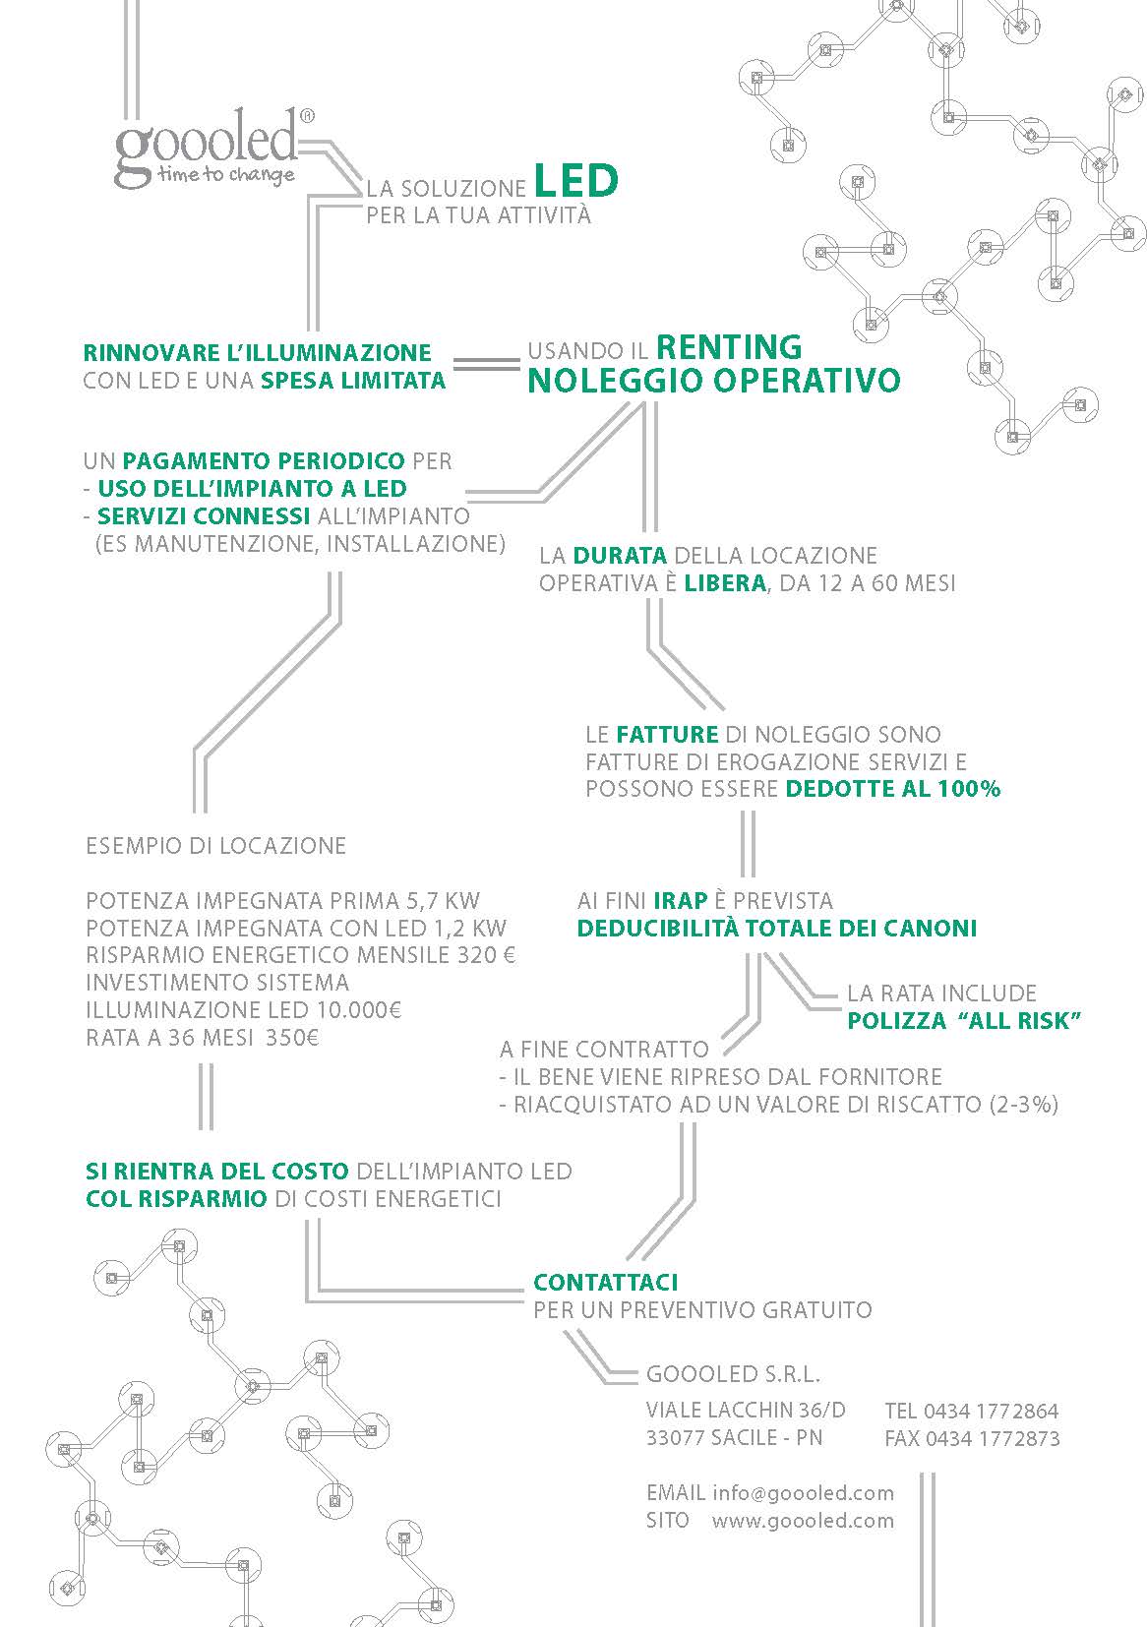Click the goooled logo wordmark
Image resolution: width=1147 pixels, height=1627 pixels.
pos(207,145)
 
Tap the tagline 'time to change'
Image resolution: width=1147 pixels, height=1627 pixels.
pos(226,175)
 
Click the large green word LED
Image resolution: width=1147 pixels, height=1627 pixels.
pos(576,181)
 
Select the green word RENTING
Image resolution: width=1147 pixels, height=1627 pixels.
pos(729,347)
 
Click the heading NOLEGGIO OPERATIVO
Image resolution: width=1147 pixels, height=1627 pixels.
pos(714,380)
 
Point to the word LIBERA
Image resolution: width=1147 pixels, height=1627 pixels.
pos(725,582)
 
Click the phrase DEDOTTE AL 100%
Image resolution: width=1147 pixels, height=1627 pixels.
pos(893,789)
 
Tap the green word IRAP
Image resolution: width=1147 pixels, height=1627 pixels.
pos(680,901)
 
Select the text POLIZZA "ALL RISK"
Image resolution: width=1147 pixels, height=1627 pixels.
pos(964,1020)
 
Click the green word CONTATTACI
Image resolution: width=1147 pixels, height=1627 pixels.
pos(606,1283)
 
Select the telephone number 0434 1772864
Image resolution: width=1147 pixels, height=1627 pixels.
pos(991,1412)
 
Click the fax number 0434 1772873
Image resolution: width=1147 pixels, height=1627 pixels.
pos(993,1438)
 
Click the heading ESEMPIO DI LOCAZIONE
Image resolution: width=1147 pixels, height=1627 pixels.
pos(215,846)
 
